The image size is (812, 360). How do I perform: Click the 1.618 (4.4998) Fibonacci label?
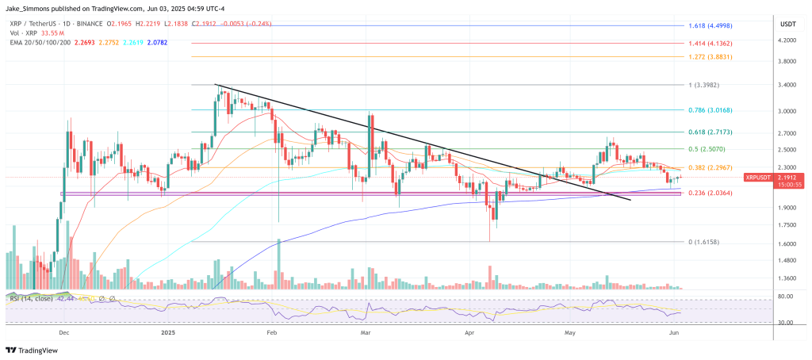click(x=710, y=25)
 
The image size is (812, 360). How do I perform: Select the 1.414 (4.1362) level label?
click(x=710, y=44)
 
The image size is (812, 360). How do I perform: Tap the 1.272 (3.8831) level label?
click(x=710, y=57)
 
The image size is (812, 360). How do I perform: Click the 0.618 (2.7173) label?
click(x=710, y=132)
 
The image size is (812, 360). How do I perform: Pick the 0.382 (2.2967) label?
click(x=710, y=168)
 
